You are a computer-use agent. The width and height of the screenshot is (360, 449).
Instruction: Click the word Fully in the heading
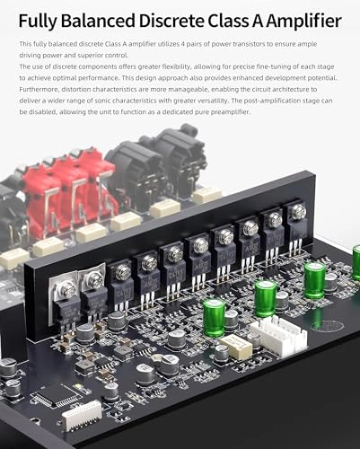coord(38,22)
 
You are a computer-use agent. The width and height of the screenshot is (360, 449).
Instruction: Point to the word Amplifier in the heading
coord(304,22)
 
